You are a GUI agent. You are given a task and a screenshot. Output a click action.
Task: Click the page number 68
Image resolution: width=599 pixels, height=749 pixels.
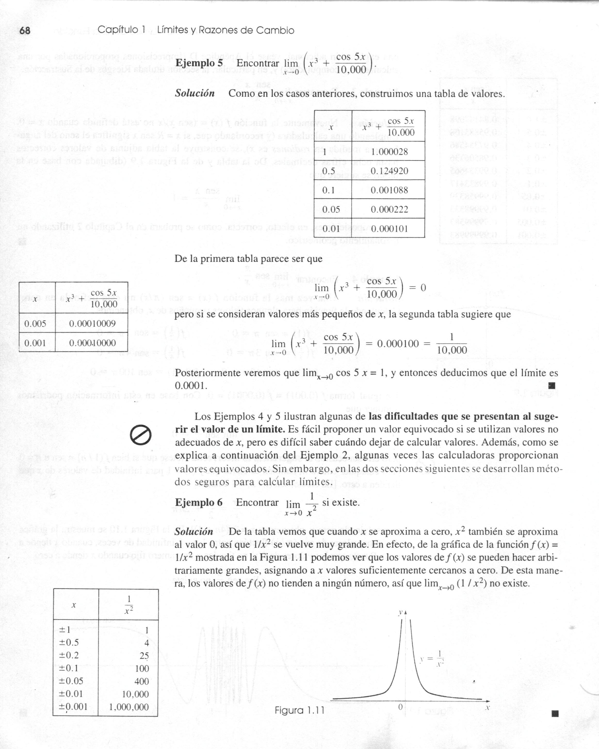[x=25, y=31]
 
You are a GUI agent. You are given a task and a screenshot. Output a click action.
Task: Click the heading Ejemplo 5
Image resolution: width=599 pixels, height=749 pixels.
[x=199, y=63]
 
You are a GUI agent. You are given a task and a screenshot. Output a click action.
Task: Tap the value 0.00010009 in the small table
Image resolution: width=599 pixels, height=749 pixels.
[x=92, y=324]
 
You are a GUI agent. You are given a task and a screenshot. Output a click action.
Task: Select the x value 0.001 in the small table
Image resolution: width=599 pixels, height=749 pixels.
[x=35, y=343]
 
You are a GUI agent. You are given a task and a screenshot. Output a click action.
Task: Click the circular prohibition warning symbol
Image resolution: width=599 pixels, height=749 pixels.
[x=141, y=435]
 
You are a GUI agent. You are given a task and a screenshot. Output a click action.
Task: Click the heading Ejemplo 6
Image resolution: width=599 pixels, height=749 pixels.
[x=199, y=503]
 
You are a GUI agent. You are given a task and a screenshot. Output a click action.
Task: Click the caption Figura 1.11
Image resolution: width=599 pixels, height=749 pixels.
[x=299, y=710]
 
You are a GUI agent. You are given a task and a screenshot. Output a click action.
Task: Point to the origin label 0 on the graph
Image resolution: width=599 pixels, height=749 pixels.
[x=400, y=707]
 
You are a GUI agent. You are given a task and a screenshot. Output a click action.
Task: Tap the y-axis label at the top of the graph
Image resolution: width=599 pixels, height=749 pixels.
[x=401, y=613]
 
